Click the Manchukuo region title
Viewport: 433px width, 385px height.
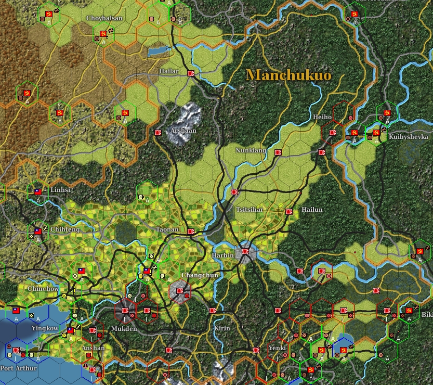click(288, 75)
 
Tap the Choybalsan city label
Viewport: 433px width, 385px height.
click(104, 18)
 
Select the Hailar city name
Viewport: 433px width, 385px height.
click(169, 71)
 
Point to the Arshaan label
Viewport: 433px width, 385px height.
click(183, 131)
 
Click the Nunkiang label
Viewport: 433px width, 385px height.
click(251, 151)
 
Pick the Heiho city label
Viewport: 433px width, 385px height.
click(322, 118)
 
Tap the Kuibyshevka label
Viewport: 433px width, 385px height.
click(405, 137)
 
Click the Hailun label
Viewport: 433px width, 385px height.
click(312, 210)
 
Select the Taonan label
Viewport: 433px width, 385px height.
click(167, 229)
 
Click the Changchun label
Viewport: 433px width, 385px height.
click(200, 275)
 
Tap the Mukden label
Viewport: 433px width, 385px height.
click(124, 329)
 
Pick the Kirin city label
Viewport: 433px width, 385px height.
click(221, 329)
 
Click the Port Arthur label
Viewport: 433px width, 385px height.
click(19, 368)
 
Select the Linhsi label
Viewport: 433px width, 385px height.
click(60, 190)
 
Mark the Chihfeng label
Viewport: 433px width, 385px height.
click(65, 229)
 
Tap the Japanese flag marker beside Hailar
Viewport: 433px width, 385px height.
click(191, 73)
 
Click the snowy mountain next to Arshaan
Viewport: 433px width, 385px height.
click(190, 114)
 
